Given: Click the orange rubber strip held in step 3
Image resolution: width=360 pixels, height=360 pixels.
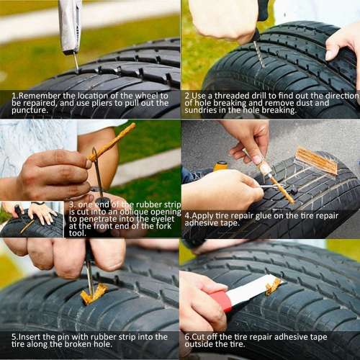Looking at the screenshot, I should pyautogui.click(x=112, y=141).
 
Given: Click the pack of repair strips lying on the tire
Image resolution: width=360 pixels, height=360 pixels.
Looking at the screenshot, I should pyautogui.click(x=316, y=161).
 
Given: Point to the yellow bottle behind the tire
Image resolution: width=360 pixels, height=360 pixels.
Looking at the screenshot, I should pyautogui.click(x=220, y=166).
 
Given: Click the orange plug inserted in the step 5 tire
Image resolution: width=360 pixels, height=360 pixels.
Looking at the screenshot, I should pyautogui.click(x=93, y=294).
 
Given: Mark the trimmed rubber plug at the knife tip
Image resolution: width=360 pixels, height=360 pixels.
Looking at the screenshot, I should pyautogui.click(x=274, y=286).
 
